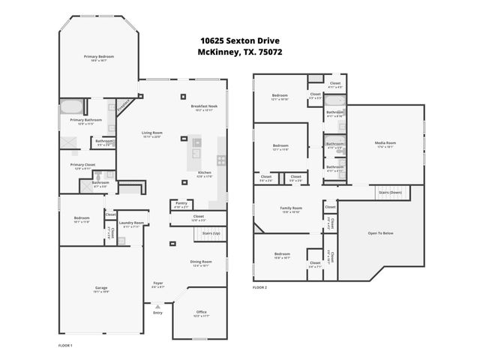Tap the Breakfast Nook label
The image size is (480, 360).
[x=203, y=106]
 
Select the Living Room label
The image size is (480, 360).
[x=152, y=133]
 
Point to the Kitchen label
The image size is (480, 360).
[x=205, y=172]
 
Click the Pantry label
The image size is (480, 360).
[x=181, y=202]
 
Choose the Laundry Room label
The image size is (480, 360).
[x=131, y=223]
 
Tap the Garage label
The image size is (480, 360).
[x=100, y=288]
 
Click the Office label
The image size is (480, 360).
[x=201, y=312]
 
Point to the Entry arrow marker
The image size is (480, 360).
[x=157, y=307]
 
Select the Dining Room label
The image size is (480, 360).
[x=201, y=262]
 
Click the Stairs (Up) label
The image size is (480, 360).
[x=211, y=233]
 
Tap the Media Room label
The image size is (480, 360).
[x=385, y=142]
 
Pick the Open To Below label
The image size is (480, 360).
[x=380, y=233]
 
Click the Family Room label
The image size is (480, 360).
[x=291, y=208]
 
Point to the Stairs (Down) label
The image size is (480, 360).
[x=390, y=192]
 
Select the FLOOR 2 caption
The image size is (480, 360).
[x=259, y=287]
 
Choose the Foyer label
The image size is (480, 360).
[x=157, y=284]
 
